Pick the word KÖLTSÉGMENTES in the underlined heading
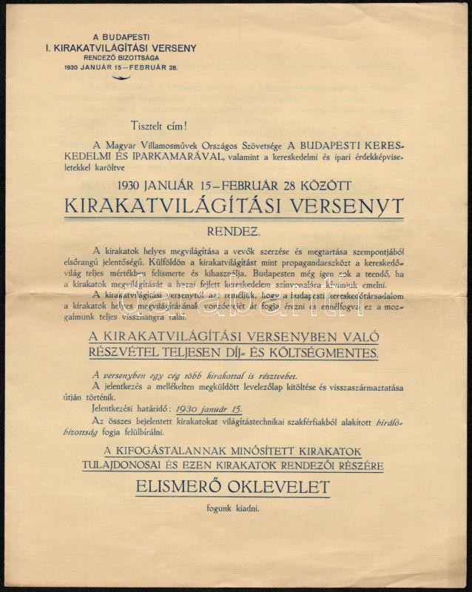click(x=334, y=353)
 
